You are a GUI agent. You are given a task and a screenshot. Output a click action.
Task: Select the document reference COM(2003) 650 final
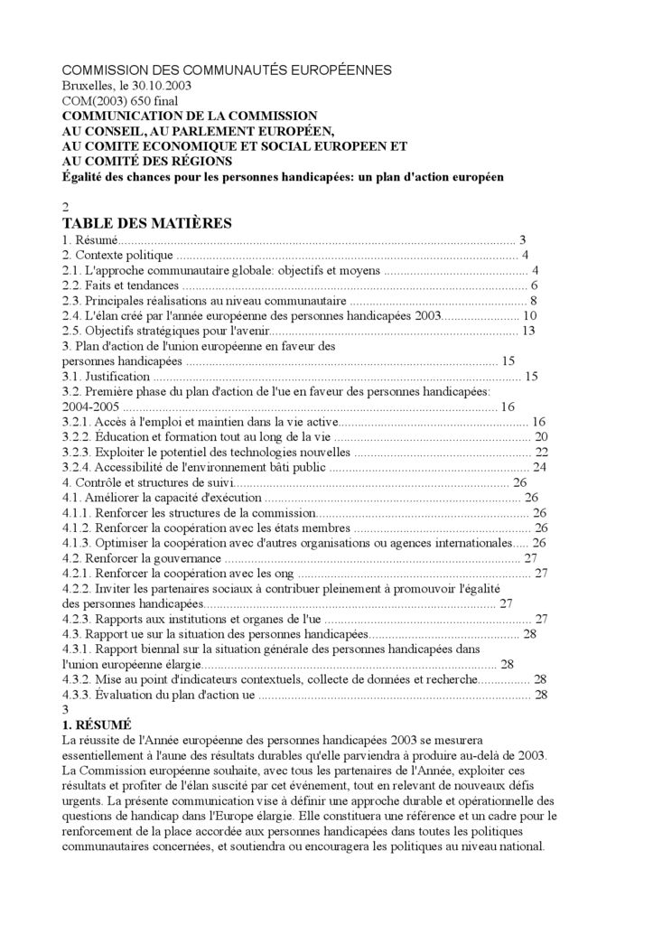tap(120, 101)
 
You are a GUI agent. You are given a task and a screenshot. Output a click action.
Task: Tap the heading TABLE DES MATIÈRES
tap(147, 223)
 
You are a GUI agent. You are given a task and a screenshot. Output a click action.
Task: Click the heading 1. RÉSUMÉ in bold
tap(97, 724)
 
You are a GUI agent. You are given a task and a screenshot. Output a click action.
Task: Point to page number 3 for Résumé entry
tap(522, 239)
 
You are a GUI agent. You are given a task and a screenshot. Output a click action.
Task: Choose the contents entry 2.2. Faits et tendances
tap(120, 285)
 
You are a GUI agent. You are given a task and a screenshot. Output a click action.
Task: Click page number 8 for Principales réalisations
tap(535, 301)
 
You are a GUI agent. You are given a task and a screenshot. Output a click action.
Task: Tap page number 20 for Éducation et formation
tap(541, 437)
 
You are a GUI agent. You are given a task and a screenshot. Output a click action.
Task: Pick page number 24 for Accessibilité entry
tap(540, 467)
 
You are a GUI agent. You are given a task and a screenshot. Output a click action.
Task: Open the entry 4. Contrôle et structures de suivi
tap(141, 482)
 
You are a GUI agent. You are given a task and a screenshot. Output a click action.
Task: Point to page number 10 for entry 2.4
tap(530, 316)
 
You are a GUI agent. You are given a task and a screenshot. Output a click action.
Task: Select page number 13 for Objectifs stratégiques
tap(529, 331)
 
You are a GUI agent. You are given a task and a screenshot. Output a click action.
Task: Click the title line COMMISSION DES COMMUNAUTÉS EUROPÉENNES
tap(227, 70)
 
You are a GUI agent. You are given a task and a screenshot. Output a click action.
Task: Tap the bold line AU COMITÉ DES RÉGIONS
tap(147, 161)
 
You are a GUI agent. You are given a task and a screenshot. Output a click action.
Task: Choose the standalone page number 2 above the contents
tap(65, 207)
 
